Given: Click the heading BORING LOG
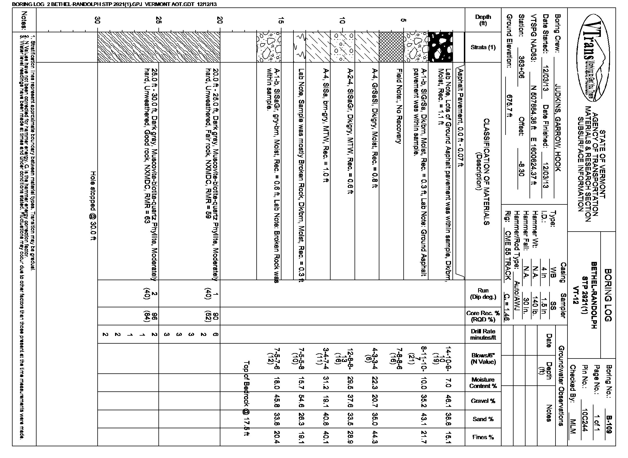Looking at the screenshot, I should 608,295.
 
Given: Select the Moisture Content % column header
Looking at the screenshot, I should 483,383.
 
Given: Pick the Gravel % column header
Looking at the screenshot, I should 483,401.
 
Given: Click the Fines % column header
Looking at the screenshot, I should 483,437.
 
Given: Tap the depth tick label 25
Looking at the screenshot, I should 159,20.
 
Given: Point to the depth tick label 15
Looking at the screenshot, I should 281,20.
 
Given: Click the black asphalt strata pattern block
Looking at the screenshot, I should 440,47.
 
